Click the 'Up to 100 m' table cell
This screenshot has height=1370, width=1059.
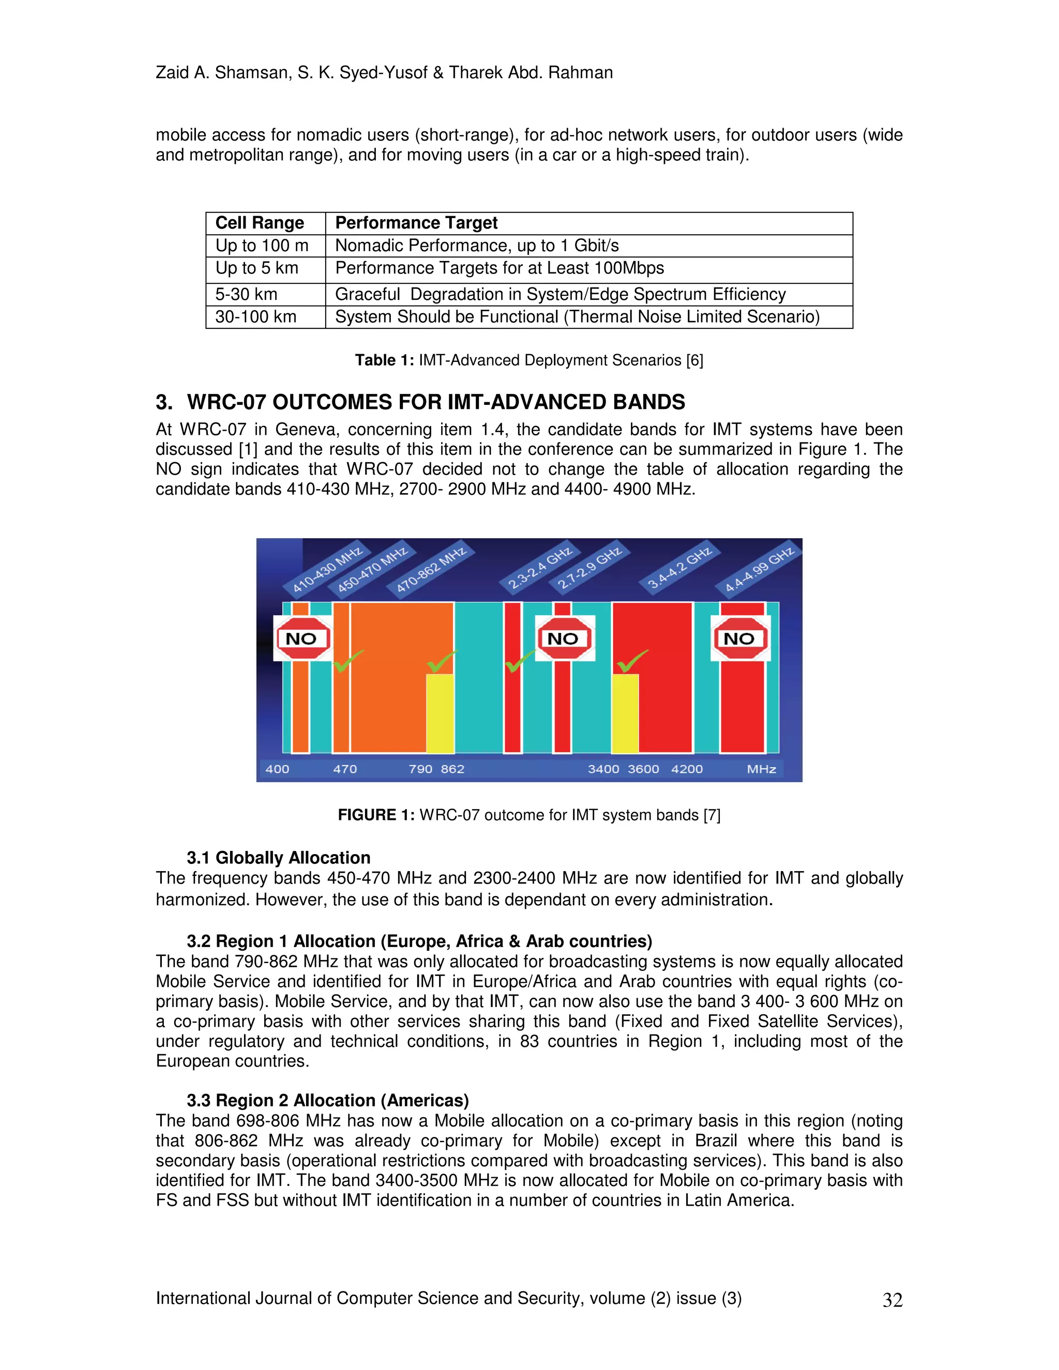coord(262,245)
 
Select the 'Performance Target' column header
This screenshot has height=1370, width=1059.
coord(416,223)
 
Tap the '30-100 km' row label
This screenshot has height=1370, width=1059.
coord(255,317)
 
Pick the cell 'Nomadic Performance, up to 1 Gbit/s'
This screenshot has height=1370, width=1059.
coord(477,245)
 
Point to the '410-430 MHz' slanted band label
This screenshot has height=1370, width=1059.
coord(327,570)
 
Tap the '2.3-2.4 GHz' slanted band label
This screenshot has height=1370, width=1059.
coord(539,568)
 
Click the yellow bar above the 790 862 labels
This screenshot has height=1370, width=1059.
coord(440,713)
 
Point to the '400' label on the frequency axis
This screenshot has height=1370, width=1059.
coord(277,769)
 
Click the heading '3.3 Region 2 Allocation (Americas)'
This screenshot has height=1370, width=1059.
coord(327,1100)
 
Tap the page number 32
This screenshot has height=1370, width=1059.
coord(892,1300)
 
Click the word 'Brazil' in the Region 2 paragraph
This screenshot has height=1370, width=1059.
coord(715,1140)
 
